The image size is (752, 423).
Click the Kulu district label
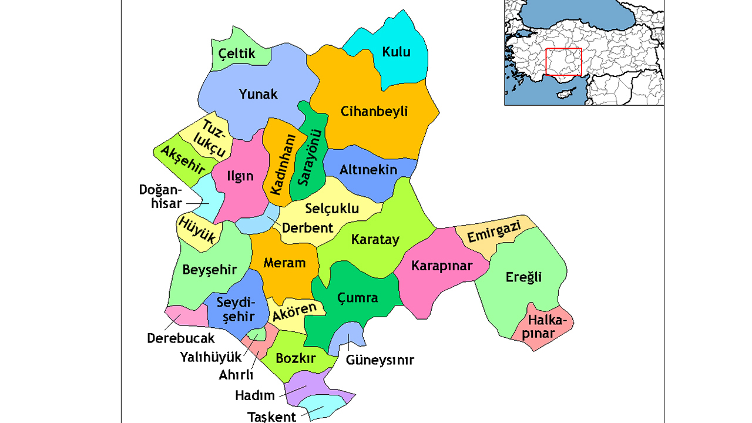click(x=396, y=52)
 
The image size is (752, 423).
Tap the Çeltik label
click(x=237, y=54)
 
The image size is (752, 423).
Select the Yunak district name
click(x=258, y=94)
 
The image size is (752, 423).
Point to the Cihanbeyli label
click(x=374, y=112)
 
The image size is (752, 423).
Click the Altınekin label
click(x=368, y=170)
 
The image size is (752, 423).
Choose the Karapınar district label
click(x=442, y=266)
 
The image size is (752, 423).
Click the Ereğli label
click(x=523, y=277)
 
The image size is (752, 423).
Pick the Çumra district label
click(x=357, y=298)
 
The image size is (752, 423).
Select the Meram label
click(x=284, y=263)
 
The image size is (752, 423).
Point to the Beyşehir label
click(x=209, y=270)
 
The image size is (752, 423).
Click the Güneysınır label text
click(x=380, y=360)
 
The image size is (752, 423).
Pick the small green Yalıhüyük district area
click(x=256, y=335)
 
